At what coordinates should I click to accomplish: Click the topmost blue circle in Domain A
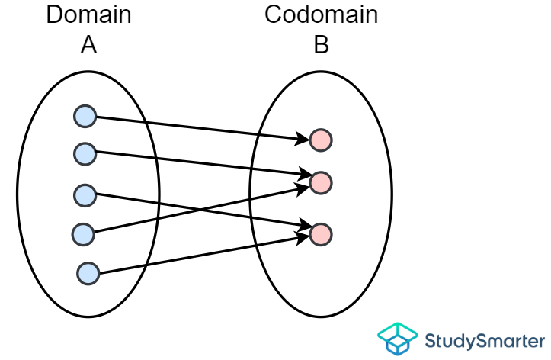tap(85, 117)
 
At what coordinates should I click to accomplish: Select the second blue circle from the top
tap(85, 153)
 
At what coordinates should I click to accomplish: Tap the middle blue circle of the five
tap(85, 194)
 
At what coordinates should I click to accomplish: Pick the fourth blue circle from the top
tap(83, 233)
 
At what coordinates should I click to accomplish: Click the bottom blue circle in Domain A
tap(88, 273)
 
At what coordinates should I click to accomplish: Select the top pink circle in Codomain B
tap(321, 140)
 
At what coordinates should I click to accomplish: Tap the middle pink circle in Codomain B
tap(321, 182)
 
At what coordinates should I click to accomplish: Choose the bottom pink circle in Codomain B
tap(321, 233)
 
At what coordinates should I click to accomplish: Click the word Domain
tap(88, 15)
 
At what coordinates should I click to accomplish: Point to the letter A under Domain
tap(88, 46)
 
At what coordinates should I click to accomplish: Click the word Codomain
tap(321, 15)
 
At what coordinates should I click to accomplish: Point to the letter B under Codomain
tap(321, 46)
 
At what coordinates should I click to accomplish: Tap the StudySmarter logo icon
tap(398, 338)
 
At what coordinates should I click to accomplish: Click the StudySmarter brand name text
tap(485, 339)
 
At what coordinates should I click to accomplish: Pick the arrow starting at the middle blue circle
tap(251, 218)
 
